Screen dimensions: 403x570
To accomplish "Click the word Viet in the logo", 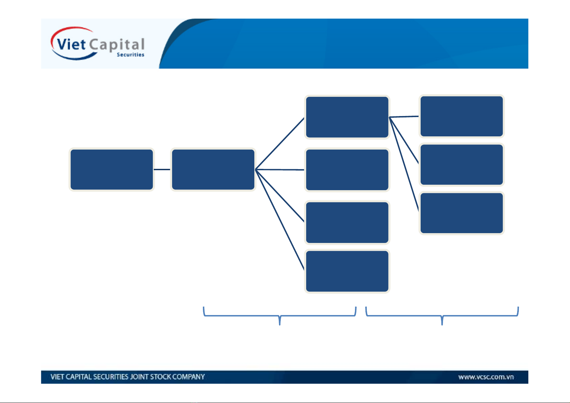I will click(71, 45).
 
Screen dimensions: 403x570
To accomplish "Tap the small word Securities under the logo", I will click(130, 55).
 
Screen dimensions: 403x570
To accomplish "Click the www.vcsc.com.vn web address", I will click(486, 377).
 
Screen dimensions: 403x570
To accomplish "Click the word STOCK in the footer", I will click(161, 377).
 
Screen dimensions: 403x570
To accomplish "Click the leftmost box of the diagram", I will click(111, 170).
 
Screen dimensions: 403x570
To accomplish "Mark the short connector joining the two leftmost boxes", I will click(162, 169).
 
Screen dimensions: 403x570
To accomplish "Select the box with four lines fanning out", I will click(213, 170).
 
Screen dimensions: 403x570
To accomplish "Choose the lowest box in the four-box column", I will click(347, 271).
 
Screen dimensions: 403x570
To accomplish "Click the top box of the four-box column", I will click(347, 117).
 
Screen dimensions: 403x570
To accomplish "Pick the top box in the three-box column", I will click(461, 116).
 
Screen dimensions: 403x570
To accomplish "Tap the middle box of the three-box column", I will click(461, 165).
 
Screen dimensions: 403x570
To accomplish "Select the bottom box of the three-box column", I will click(461, 213).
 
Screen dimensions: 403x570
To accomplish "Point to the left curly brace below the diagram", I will click(279, 316).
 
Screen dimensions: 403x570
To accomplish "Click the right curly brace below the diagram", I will click(442, 316).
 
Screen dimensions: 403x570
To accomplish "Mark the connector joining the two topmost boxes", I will click(404, 117).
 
